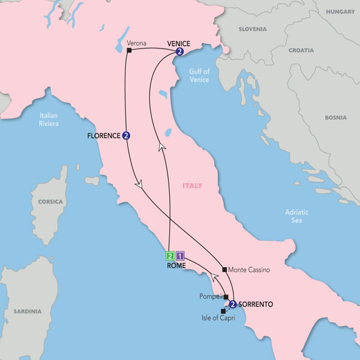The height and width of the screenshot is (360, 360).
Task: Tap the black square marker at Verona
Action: [x=129, y=50]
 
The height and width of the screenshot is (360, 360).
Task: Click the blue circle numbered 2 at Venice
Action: [x=179, y=52]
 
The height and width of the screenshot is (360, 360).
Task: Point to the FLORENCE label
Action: [x=103, y=136]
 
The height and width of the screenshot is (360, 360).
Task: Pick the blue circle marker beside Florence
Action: [x=126, y=136]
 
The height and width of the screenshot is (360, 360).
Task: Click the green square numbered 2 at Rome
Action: [x=170, y=255]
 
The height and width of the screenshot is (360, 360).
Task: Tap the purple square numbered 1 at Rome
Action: [x=181, y=255]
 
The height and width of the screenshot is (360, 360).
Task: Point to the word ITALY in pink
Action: [x=192, y=185]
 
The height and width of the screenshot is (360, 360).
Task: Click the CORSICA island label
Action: [x=50, y=202]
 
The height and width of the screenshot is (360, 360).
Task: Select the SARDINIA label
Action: [x=27, y=311]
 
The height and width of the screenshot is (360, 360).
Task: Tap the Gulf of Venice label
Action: [x=199, y=75]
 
